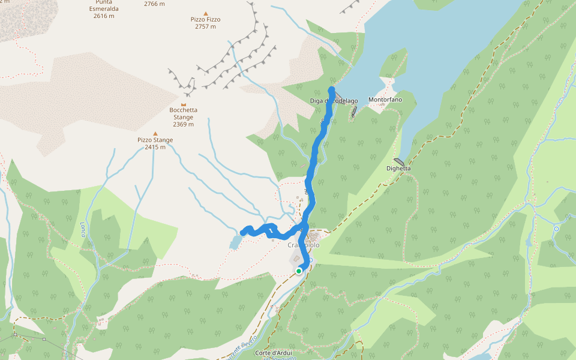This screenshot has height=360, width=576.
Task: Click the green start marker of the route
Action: (299, 271)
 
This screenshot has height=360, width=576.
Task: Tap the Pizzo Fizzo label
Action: (205, 19)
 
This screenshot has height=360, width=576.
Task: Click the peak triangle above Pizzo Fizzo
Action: (206, 13)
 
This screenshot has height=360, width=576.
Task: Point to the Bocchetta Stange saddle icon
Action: (184, 104)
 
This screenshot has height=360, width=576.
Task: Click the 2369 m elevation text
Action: (183, 124)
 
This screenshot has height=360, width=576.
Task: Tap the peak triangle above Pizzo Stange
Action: (155, 134)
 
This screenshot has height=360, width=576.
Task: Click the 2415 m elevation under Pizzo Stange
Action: (155, 147)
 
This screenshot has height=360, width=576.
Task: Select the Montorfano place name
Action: (385, 100)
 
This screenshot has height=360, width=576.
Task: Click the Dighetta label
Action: (398, 169)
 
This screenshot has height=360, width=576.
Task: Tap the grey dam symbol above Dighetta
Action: (399, 161)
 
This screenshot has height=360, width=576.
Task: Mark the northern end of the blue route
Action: (331, 90)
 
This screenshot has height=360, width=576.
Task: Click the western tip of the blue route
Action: (242, 233)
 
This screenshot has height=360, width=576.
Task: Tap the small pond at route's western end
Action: (235, 242)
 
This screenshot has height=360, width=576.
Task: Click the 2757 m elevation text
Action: (205, 27)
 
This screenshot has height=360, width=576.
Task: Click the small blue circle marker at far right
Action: (556, 229)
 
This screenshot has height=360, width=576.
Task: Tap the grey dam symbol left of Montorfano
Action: (355, 111)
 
